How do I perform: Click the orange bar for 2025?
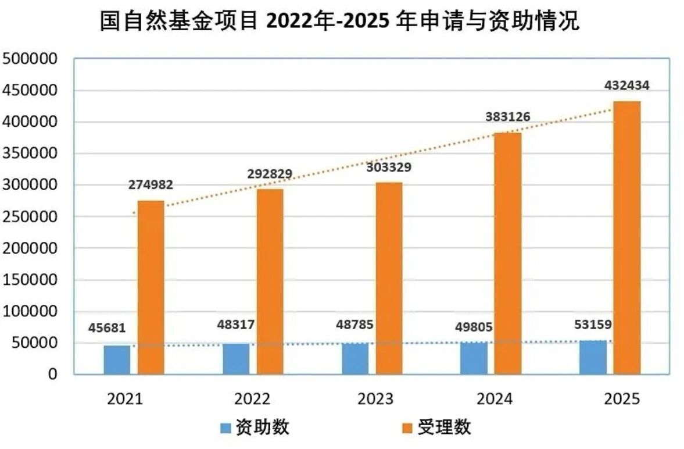626,237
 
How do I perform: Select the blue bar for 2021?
117,359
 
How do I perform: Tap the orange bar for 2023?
389,278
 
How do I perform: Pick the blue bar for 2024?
474,358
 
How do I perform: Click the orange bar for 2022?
270,281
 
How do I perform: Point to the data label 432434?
626,85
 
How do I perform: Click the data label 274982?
150,186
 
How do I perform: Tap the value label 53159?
593,324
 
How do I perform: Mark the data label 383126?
507,117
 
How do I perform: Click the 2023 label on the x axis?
375,399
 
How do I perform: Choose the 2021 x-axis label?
125,399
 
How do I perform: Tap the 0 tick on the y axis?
53,374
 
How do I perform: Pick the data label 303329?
389,168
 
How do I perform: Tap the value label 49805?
474,327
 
